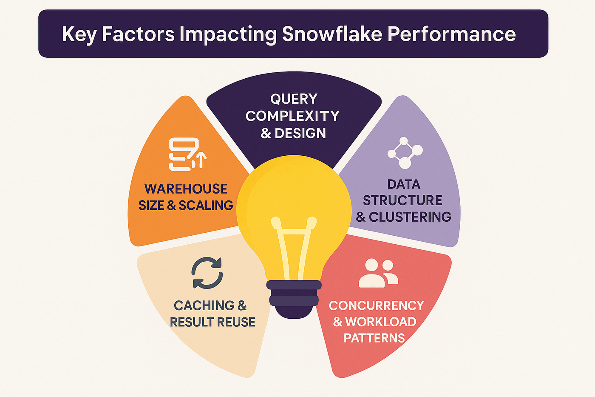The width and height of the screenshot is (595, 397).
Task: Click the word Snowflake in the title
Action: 332,34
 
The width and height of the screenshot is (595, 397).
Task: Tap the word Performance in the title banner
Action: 451,34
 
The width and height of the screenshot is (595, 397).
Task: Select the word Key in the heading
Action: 79,34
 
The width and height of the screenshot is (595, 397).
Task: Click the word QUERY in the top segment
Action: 294,99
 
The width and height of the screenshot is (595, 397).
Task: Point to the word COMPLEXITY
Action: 292,116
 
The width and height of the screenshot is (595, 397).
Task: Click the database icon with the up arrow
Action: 187,154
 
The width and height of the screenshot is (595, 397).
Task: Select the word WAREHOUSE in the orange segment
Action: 186,189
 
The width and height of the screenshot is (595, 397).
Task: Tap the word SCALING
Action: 206,206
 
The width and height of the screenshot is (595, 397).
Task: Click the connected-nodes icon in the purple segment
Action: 405,153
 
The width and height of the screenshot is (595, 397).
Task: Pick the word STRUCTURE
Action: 402,200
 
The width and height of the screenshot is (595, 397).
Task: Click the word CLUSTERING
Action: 410,217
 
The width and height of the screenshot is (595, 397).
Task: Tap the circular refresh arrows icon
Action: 207,273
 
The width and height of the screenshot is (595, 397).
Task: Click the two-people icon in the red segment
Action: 378,273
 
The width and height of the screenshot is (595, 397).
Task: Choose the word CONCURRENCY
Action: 376,306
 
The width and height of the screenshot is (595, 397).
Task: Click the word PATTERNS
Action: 374,338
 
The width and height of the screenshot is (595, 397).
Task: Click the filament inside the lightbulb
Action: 294,247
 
